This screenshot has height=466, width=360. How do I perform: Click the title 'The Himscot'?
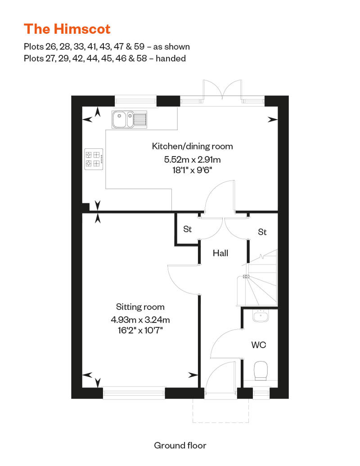tap(67, 29)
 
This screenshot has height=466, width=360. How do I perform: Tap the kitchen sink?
tap(129, 120)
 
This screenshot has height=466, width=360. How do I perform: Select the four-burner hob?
tap(94, 159)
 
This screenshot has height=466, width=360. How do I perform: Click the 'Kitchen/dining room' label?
tap(192, 146)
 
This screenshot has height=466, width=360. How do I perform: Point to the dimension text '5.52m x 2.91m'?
tap(192, 160)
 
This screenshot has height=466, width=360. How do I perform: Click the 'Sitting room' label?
tap(140, 307)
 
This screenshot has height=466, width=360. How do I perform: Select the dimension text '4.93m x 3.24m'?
tap(140, 320)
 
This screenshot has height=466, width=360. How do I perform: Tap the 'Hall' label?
tap(220, 253)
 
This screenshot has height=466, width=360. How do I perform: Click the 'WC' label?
tap(259, 345)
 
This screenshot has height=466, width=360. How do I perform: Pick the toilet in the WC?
tap(261, 371)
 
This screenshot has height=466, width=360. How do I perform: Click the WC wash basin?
tap(261, 316)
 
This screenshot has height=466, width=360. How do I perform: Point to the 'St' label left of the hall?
tap(187, 229)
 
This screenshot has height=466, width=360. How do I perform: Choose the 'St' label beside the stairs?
tap(262, 232)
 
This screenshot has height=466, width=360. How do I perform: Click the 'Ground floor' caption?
tap(180, 445)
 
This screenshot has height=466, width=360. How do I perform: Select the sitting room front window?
tap(134, 393)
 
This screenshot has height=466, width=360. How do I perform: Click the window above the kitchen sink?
tap(135, 100)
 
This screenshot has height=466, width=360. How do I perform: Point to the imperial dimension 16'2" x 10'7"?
tap(140, 331)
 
